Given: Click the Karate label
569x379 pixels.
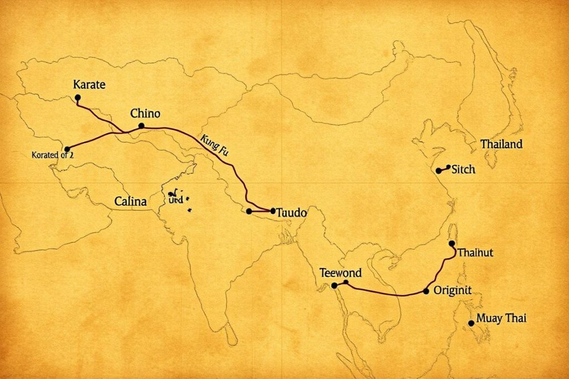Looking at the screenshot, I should pos(89,85).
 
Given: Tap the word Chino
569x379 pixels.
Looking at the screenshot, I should pos(145,114).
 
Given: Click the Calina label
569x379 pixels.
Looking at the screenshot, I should pos(131,202).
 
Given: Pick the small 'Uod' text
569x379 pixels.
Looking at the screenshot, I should pos(175,201).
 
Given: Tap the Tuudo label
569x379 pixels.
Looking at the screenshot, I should pos(292,212).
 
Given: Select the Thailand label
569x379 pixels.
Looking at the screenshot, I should pos(501,144).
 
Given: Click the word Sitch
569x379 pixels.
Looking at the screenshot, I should pos(463,169).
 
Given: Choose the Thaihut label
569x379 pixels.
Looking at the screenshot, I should pos(475,252).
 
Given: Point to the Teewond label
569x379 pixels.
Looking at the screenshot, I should pos(341,273).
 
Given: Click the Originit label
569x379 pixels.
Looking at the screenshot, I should pos(452,290).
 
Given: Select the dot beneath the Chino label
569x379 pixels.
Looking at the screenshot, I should pos(141,126).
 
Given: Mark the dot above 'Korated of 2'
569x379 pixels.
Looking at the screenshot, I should pos(67,149).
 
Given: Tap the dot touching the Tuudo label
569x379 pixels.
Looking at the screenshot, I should pos(272,211).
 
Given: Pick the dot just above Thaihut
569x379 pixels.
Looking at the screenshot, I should pos(451,244).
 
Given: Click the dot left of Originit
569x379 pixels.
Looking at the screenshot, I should pos(426,291).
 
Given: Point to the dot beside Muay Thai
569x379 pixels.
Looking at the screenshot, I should pos(472,322).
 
